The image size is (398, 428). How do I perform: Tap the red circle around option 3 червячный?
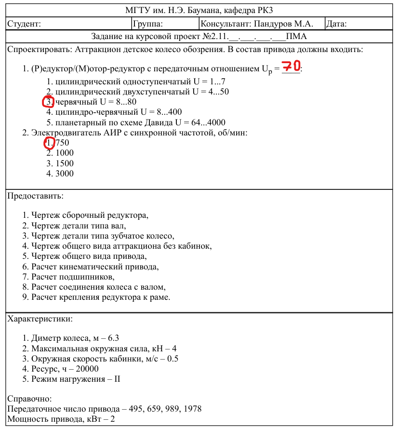(x=48, y=102)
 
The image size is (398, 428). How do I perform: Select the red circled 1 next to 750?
(x=49, y=143)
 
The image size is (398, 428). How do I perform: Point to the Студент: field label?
(x=24, y=24)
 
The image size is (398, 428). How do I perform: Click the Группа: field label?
(x=148, y=24)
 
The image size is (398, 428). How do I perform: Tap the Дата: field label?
(x=337, y=24)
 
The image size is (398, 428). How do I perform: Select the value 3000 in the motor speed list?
(x=65, y=174)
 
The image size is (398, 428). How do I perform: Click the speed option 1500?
(x=65, y=163)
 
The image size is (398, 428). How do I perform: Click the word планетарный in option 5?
(x=80, y=122)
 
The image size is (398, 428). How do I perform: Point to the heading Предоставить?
(x=35, y=196)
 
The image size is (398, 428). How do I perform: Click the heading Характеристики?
(x=40, y=319)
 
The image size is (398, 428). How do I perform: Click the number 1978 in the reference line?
(x=192, y=409)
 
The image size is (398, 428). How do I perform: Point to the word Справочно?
(x=29, y=399)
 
